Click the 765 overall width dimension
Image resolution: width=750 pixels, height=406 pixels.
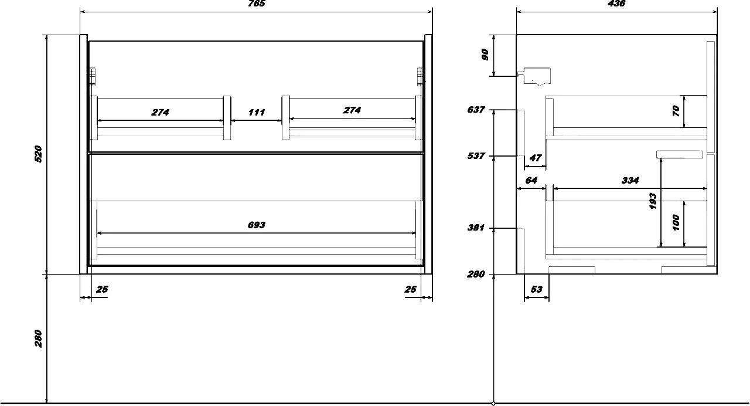point(257,4)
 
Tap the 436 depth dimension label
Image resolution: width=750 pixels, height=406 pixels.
point(616,4)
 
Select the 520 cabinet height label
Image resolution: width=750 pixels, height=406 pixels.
point(39,154)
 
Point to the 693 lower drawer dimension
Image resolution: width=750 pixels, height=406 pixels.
point(257,225)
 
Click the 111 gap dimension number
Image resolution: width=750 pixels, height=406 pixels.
point(257,112)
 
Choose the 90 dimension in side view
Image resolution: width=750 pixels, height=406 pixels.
point(485,55)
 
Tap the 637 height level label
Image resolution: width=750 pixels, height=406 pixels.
point(476,110)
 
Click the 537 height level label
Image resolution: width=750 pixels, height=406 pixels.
point(476,156)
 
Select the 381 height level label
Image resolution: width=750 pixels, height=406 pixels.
point(476,228)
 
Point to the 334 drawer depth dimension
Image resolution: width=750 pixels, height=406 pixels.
point(630,180)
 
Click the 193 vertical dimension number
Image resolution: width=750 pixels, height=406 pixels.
point(653,201)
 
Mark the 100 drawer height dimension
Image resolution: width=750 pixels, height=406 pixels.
point(676,222)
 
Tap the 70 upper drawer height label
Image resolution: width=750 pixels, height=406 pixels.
point(676,111)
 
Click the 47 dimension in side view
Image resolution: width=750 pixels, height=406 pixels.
point(536,158)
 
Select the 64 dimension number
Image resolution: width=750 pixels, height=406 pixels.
point(531,180)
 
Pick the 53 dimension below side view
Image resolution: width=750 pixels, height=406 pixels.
point(536,289)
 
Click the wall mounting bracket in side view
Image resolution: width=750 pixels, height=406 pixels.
point(534,76)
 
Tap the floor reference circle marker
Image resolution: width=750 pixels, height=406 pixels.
point(493,403)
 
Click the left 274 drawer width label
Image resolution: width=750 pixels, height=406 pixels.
point(161,112)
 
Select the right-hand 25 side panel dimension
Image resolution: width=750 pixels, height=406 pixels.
point(411,289)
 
